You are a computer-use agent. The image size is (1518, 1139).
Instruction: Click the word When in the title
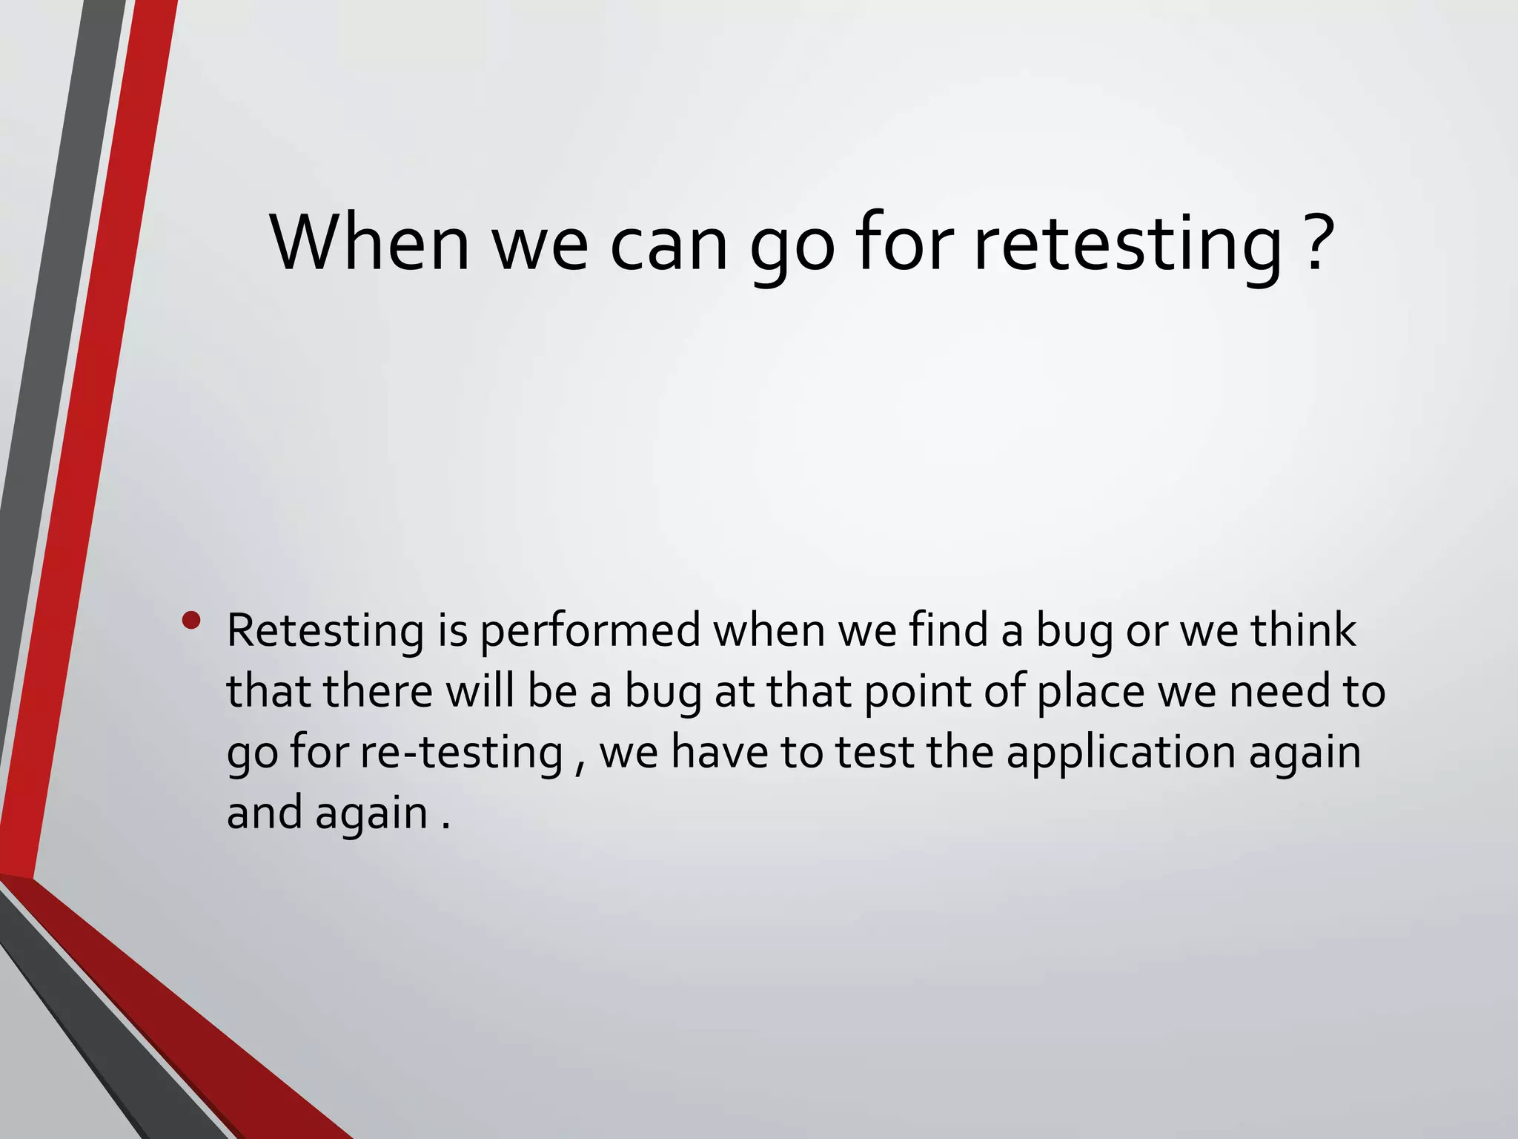click(370, 243)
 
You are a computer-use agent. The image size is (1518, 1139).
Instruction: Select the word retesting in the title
click(1127, 245)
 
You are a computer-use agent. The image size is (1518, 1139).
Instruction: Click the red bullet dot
click(191, 620)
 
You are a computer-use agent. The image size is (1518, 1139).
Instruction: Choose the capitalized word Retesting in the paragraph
click(325, 631)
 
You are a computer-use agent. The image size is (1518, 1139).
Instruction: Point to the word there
click(378, 692)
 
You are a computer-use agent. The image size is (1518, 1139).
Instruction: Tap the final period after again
click(445, 825)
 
